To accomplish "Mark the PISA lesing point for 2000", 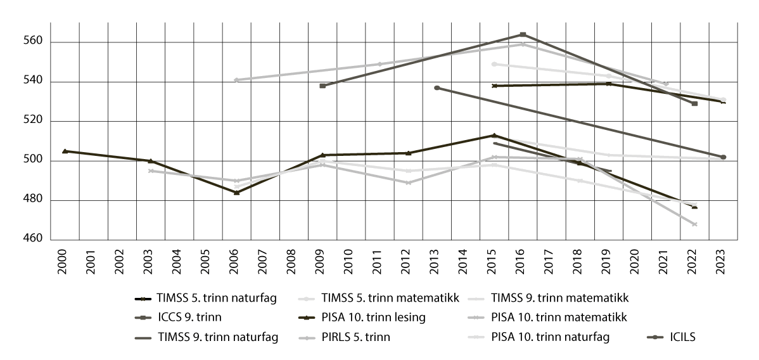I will point(65,151).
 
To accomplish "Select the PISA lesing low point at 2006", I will point(236,193).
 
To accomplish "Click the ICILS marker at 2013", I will point(437,87).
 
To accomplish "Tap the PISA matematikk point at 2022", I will point(694,224).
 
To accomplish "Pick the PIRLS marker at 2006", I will point(236,80).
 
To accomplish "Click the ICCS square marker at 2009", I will point(322,86).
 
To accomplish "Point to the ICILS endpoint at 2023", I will point(723,157).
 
